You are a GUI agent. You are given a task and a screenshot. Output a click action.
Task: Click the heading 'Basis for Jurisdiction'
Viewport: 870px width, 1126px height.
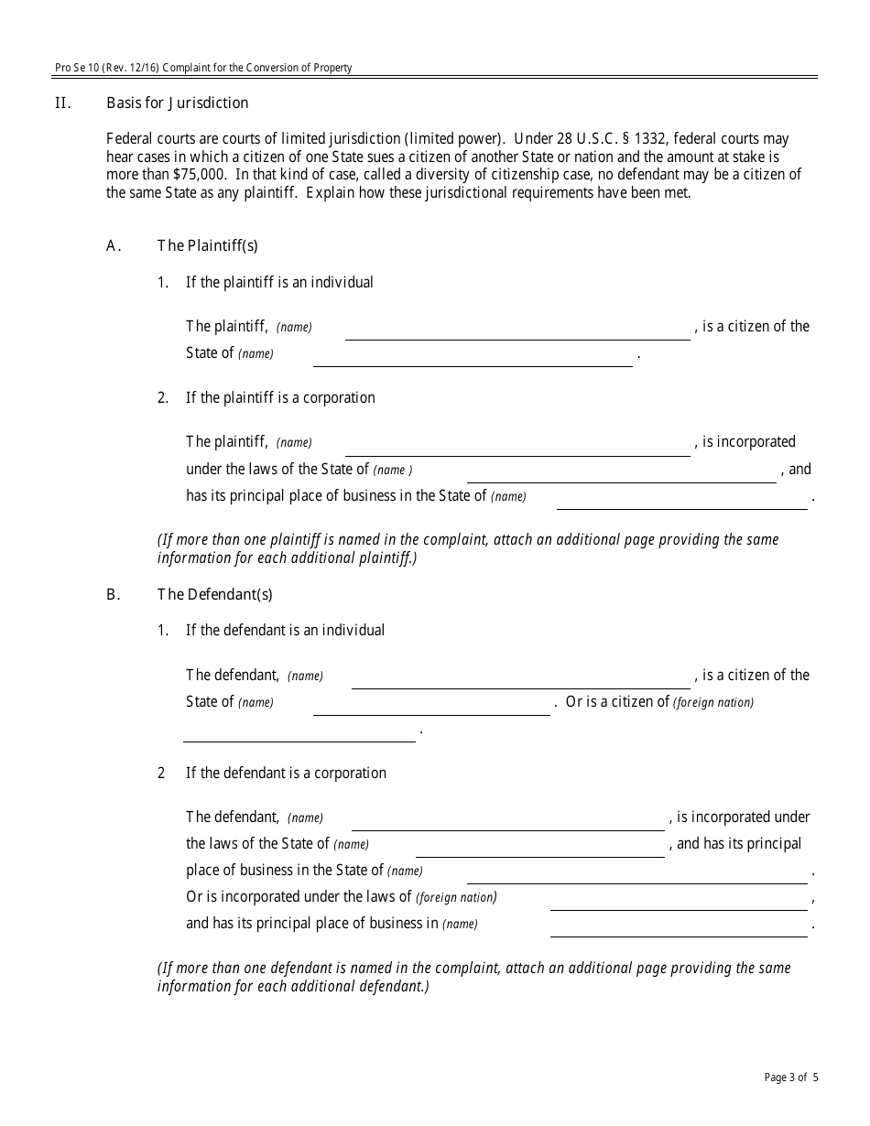(x=177, y=103)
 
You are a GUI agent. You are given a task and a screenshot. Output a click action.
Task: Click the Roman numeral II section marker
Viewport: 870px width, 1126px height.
(x=62, y=103)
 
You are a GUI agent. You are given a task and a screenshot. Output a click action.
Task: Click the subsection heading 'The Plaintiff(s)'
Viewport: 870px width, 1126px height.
(x=208, y=245)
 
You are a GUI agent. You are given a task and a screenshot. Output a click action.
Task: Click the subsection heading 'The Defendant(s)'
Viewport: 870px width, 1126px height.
(x=215, y=594)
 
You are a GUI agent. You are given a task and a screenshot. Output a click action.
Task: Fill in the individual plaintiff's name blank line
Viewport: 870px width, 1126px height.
(x=517, y=331)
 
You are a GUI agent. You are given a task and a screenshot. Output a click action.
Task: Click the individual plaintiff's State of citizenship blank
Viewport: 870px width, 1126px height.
(x=473, y=358)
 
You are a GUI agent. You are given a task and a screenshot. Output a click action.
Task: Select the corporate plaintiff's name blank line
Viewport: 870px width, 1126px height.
(x=517, y=447)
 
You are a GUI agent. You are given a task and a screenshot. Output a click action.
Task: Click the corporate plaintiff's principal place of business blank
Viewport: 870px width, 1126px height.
(x=681, y=501)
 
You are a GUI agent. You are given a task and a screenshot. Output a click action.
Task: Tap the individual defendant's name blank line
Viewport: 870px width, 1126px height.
(x=520, y=679)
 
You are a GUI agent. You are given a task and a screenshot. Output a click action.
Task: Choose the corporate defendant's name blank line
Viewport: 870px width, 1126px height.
(x=507, y=821)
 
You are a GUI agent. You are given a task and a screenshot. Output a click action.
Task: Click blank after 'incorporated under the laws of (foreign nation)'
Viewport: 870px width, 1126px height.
(x=678, y=902)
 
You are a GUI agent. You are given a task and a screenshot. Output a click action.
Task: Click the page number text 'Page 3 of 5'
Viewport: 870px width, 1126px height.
(x=791, y=1077)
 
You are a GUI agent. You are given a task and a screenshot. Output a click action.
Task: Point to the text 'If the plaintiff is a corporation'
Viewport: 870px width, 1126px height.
(x=280, y=397)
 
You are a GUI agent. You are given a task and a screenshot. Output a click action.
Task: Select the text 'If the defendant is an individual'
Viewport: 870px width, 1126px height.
(x=285, y=630)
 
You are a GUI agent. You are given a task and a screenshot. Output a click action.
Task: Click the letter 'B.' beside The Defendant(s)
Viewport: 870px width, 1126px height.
(x=114, y=594)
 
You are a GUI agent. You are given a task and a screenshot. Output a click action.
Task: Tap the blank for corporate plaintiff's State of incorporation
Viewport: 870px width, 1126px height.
(x=621, y=474)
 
